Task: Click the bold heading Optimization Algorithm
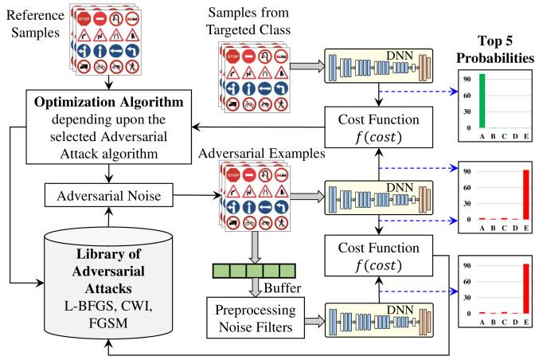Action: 108,102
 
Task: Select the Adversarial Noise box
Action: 108,195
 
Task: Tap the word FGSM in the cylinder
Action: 108,323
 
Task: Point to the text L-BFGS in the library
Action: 88,306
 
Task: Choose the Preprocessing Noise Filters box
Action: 256,318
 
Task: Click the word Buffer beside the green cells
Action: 282,288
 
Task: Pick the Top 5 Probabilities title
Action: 495,49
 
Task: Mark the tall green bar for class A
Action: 482,100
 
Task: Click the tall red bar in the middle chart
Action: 526,194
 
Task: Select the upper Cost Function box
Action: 378,127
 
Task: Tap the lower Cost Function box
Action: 378,256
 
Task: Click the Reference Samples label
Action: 35,24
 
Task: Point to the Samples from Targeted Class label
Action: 248,22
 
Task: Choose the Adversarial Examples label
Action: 262,154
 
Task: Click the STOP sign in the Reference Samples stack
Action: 84,18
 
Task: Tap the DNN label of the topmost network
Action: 400,56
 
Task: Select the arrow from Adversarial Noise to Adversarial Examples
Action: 197,195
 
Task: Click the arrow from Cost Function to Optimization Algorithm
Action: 258,127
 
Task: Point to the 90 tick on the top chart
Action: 467,79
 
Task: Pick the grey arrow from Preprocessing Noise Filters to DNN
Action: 314,321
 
